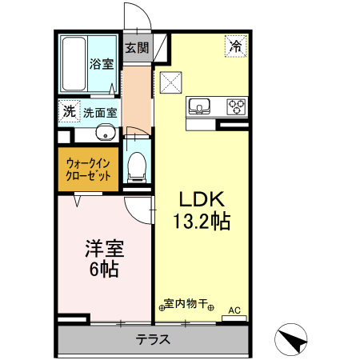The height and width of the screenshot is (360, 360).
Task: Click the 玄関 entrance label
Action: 137,47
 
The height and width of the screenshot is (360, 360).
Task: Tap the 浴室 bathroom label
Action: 101,63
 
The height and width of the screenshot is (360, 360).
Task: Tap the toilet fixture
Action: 137,166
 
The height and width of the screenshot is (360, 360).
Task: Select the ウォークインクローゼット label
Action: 88,169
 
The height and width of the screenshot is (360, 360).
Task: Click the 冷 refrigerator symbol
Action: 236,46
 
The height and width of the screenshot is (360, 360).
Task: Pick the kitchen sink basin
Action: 198,105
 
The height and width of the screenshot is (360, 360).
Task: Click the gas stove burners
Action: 237,105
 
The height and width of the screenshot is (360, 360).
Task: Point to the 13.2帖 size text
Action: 199,221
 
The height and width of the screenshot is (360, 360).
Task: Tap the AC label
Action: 234,310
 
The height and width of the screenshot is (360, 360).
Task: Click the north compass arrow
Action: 293,342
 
